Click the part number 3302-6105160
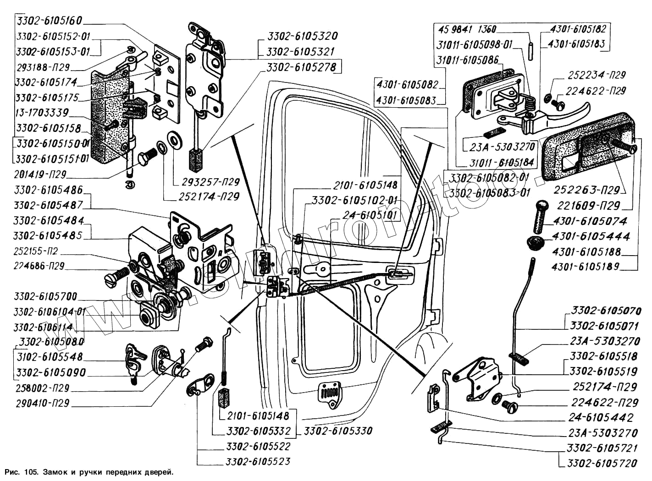(49, 21)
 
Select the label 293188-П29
(42, 67)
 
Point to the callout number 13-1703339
(42, 112)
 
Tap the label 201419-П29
(41, 175)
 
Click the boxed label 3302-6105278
(302, 67)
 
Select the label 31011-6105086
(467, 60)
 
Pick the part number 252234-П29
(597, 75)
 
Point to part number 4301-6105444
(591, 236)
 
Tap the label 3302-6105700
(45, 296)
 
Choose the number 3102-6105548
(49, 357)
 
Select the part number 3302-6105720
(602, 464)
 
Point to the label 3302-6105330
(338, 431)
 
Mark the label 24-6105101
(372, 215)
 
